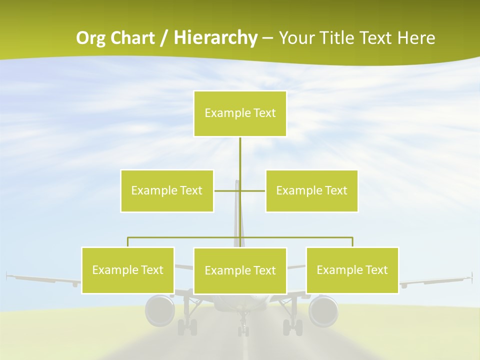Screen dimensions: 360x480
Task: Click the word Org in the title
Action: tap(91, 38)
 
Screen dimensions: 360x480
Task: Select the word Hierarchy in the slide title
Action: tap(215, 38)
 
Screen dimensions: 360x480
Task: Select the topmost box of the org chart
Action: tap(240, 113)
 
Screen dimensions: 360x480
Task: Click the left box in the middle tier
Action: tap(167, 191)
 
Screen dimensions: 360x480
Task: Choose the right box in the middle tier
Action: tap(311, 191)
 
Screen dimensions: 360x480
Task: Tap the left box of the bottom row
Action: tap(128, 270)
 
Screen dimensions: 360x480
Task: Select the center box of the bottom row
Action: tap(240, 271)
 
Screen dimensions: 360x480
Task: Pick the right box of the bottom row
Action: tap(352, 270)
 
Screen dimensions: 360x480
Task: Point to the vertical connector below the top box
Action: tap(240, 155)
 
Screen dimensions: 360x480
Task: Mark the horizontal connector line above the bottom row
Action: tap(185, 238)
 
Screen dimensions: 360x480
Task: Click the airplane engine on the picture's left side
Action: tap(159, 310)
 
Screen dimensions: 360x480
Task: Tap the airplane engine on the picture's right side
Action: tap(323, 310)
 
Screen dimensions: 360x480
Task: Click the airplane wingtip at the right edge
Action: tap(470, 276)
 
